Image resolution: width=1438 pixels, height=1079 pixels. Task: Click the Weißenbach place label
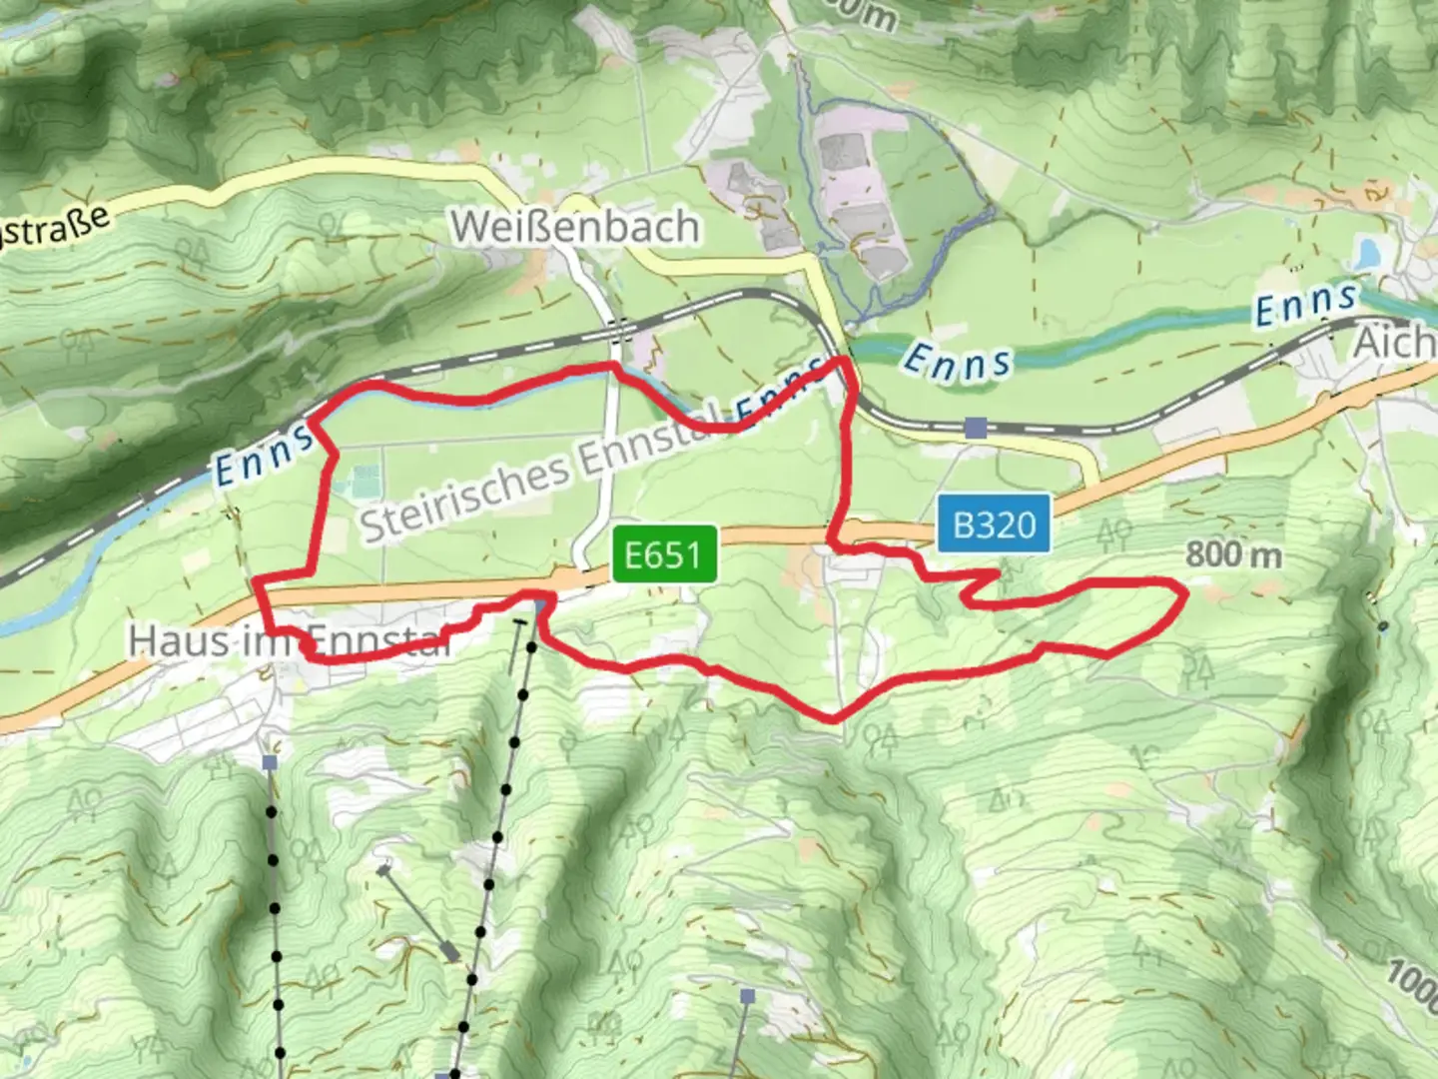coord(574,227)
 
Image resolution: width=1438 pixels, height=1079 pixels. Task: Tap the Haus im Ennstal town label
coord(290,640)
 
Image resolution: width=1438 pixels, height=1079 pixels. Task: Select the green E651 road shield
coord(664,553)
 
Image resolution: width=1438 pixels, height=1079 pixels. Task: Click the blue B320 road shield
coord(994,524)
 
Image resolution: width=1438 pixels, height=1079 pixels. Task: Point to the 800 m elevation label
coord(1233,553)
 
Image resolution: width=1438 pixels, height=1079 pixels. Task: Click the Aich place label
coord(1394,344)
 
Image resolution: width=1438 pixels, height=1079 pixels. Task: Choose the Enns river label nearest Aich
coord(1306,303)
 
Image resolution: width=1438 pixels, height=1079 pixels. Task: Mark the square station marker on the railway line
coord(976,429)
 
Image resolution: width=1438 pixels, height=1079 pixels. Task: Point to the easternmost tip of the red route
coord(1186,594)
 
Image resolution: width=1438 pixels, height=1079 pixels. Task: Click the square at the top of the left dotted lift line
coord(270,762)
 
